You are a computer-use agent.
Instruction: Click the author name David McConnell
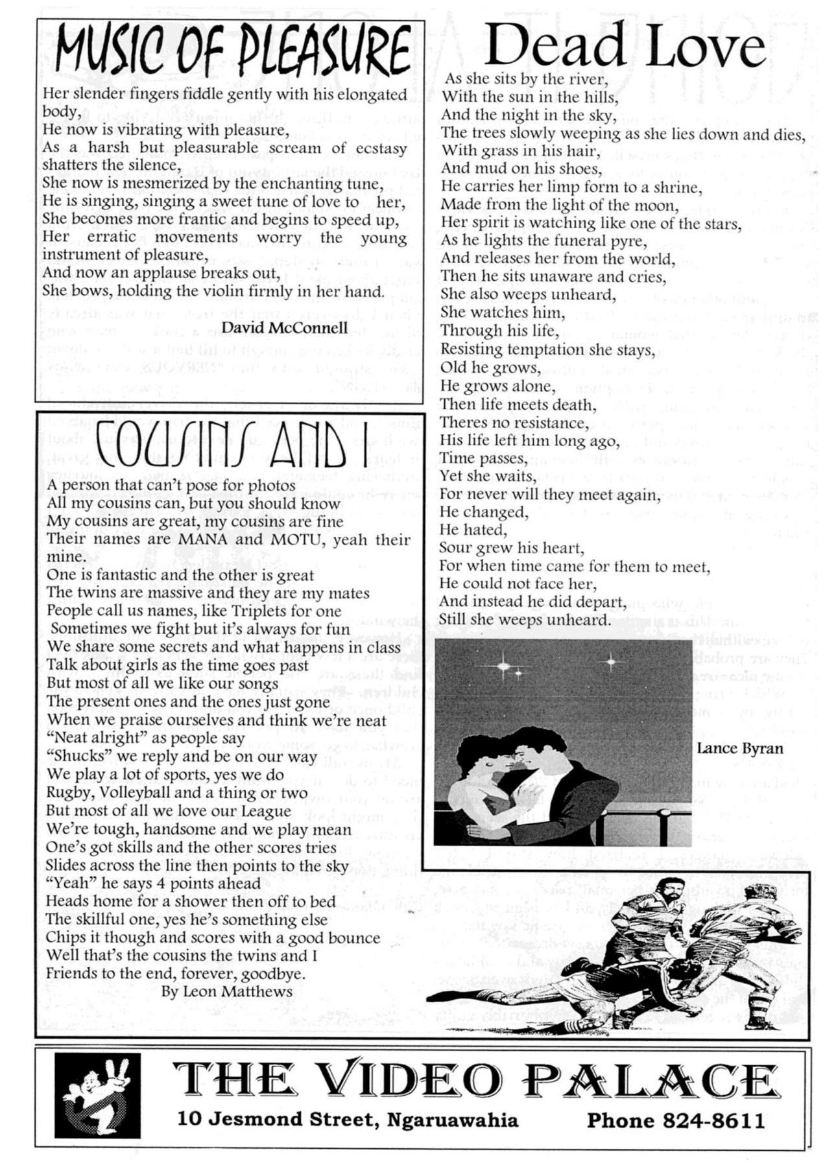point(285,327)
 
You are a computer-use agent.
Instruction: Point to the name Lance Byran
point(739,748)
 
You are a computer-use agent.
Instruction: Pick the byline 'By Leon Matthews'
point(226,991)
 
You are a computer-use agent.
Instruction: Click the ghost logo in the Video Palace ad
point(97,1095)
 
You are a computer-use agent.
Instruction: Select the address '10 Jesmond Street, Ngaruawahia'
point(348,1120)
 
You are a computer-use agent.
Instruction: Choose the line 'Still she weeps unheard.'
point(525,619)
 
